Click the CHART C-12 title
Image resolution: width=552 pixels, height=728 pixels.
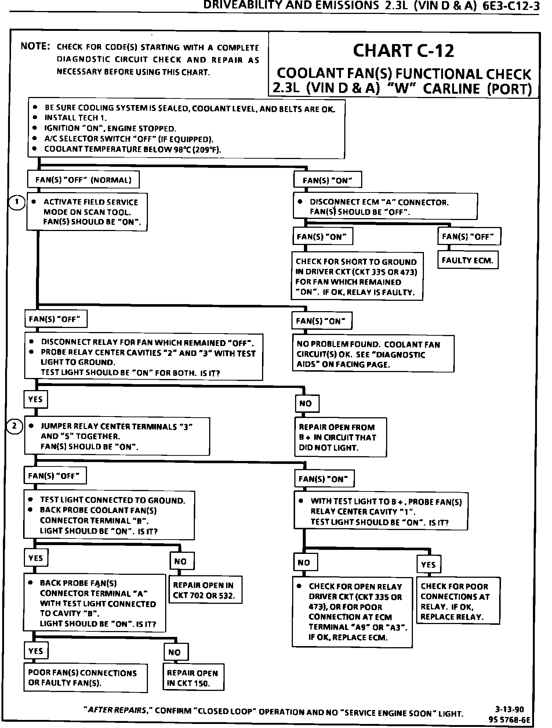click(x=403, y=51)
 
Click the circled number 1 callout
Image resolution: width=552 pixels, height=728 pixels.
click(x=17, y=202)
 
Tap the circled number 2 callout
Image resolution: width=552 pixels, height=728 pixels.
click(x=15, y=426)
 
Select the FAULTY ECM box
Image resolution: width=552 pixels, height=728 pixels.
click(x=468, y=260)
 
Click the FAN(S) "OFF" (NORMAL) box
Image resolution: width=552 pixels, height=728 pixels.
click(x=83, y=180)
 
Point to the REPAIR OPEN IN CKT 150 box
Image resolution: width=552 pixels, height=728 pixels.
click(x=193, y=678)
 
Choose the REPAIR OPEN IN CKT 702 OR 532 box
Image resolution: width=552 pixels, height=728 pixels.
click(x=205, y=590)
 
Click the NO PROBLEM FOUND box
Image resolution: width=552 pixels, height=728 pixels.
click(x=373, y=354)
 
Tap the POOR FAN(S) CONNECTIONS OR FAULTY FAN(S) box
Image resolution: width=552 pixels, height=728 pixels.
click(x=85, y=678)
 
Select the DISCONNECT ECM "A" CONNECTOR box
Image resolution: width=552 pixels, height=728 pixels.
click(x=385, y=207)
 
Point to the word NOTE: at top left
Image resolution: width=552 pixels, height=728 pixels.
click(x=35, y=46)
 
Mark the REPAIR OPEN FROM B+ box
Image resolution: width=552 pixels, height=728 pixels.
click(x=340, y=437)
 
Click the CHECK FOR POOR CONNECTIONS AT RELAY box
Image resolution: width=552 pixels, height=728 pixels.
click(x=458, y=601)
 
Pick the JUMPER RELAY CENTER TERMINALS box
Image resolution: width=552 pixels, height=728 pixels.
click(x=117, y=436)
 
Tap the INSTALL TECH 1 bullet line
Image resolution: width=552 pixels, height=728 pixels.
click(x=76, y=118)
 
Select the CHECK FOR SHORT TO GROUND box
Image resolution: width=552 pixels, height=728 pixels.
click(x=357, y=277)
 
